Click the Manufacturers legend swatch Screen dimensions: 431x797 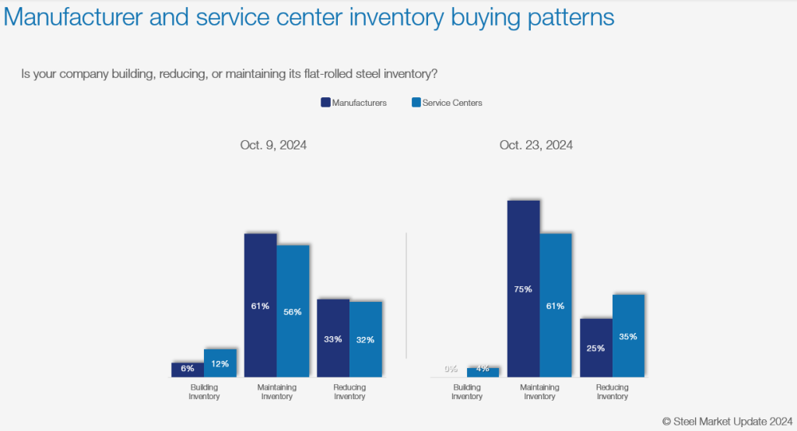tap(325, 103)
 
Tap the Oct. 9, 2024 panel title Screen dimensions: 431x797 tap(272, 145)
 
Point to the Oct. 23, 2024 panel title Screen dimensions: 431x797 tap(536, 145)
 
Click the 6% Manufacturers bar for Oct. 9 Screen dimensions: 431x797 tap(188, 370)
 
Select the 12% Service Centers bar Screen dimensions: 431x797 tap(220, 363)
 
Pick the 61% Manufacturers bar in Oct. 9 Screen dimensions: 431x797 tap(261, 305)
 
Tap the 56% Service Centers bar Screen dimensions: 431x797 tap(293, 311)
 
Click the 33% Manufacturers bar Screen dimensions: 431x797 tap(333, 338)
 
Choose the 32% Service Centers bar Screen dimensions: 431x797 tap(366, 339)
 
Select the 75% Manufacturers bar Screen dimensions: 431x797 tap(523, 289)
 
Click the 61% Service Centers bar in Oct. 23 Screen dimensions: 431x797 tap(556, 305)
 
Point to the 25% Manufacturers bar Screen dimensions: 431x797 tap(596, 348)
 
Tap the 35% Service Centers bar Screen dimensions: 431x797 tap(629, 336)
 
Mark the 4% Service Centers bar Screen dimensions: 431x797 tap(483, 372)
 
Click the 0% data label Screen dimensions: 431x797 tap(451, 370)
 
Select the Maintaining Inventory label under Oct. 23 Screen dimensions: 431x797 tap(539, 391)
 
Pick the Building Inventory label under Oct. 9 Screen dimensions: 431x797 tap(204, 391)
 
